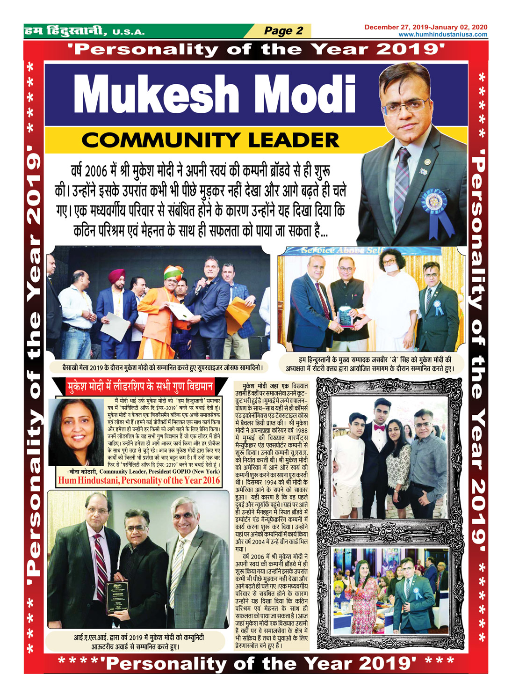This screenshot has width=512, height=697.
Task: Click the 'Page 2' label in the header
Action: (283, 31)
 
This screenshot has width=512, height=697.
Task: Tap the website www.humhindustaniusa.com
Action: (442, 35)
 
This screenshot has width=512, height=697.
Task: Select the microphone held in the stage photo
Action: (198, 286)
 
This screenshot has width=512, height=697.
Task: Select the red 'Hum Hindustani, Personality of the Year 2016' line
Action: (139, 480)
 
